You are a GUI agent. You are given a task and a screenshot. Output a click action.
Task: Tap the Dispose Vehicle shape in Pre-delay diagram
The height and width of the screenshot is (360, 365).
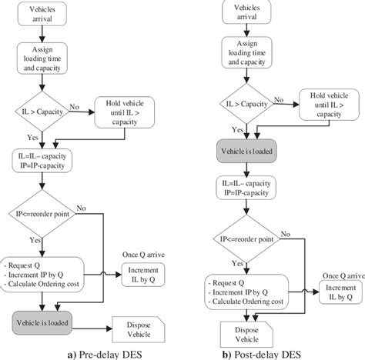[x=138, y=324]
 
